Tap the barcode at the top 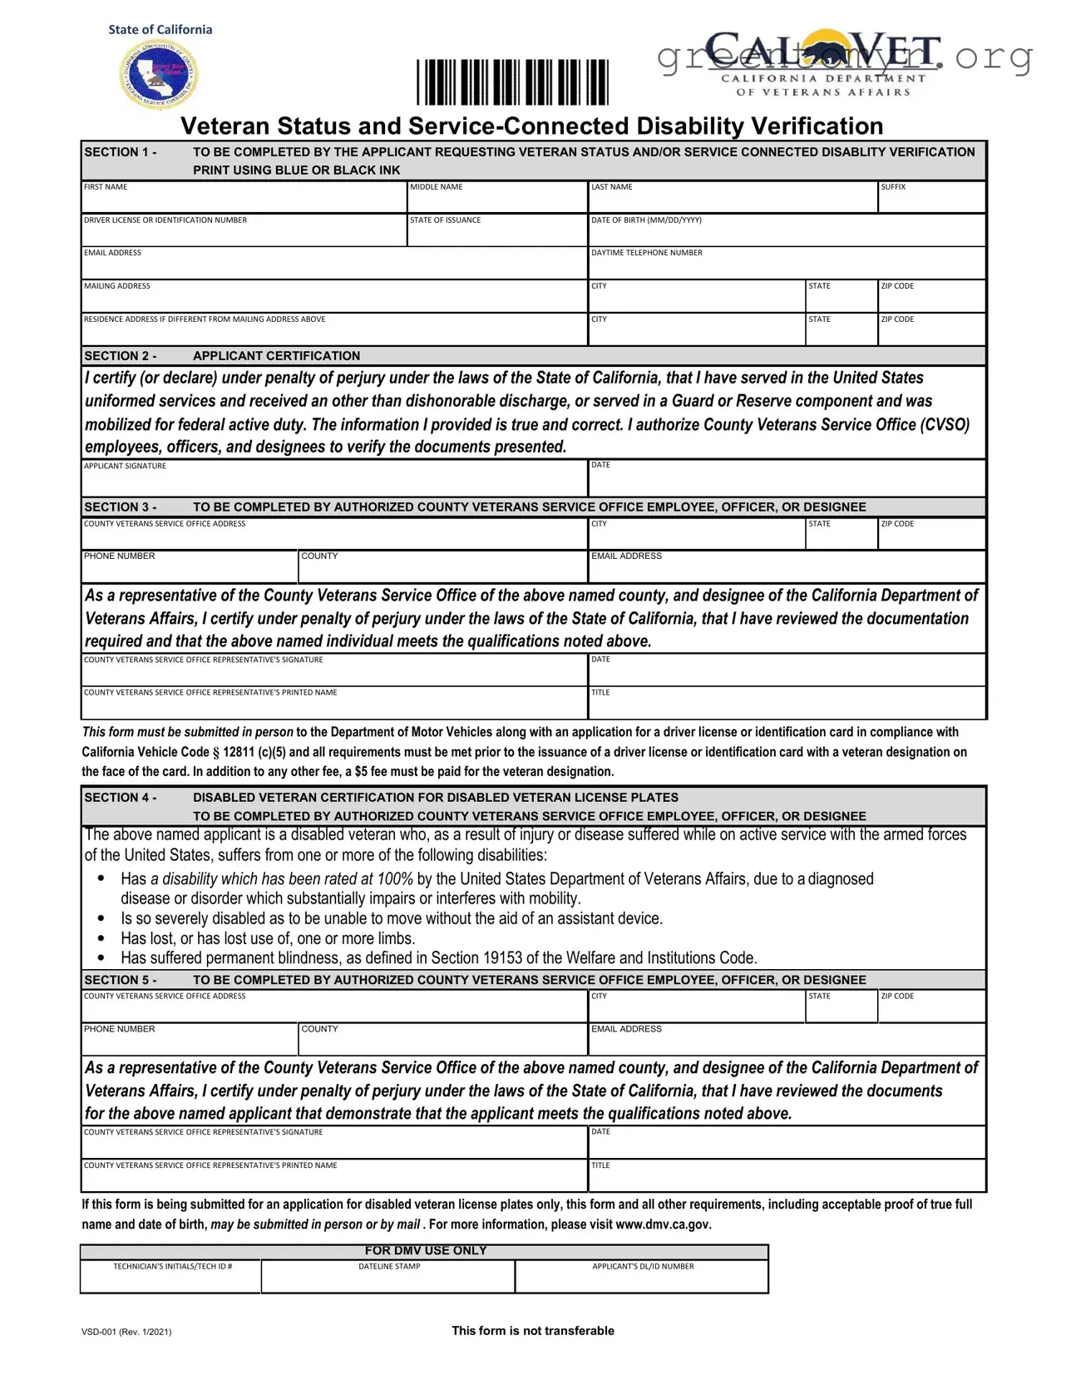coord(512,82)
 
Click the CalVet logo coord(823,64)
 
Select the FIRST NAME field coord(244,200)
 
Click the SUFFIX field coord(932,200)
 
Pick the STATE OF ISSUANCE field coord(497,234)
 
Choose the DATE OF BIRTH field coord(787,234)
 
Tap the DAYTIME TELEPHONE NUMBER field coord(787,266)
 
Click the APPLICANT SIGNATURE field coord(334,482)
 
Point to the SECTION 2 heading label coord(121,356)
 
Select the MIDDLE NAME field coord(497,200)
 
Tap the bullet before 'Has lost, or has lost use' coord(101,938)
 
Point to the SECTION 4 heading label coord(121,798)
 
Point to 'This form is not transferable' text coord(533,1331)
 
